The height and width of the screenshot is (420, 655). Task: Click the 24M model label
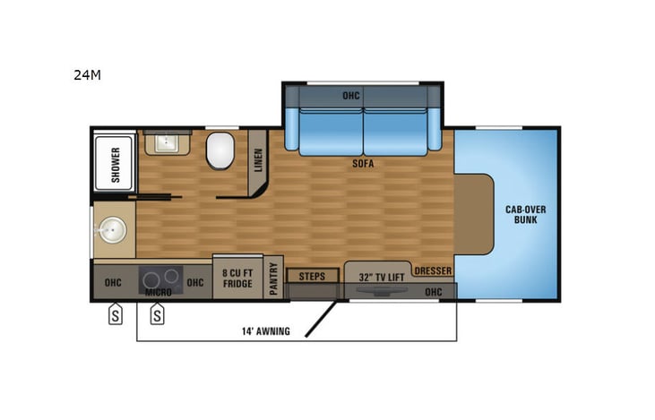pyautogui.click(x=87, y=75)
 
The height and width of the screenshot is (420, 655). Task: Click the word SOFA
pyautogui.click(x=363, y=164)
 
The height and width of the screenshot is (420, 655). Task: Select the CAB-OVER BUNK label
pyautogui.click(x=525, y=213)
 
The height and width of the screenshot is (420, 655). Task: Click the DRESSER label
pyautogui.click(x=433, y=270)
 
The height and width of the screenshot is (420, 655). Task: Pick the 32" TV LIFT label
pyautogui.click(x=381, y=278)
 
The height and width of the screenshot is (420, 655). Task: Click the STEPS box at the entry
pyautogui.click(x=312, y=276)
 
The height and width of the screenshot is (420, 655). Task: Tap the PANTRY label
pyautogui.click(x=274, y=279)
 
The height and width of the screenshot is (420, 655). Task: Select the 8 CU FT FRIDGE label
pyautogui.click(x=237, y=278)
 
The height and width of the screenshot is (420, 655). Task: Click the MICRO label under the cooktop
pyautogui.click(x=159, y=292)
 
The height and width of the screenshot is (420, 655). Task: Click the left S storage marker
pyautogui.click(x=116, y=314)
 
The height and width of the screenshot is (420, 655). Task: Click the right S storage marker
pyautogui.click(x=157, y=314)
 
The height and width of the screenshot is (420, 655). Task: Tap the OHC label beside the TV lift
pyautogui.click(x=434, y=291)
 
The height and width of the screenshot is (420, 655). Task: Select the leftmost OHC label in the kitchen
pyautogui.click(x=113, y=283)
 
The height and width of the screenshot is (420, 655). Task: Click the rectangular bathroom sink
pyautogui.click(x=167, y=142)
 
